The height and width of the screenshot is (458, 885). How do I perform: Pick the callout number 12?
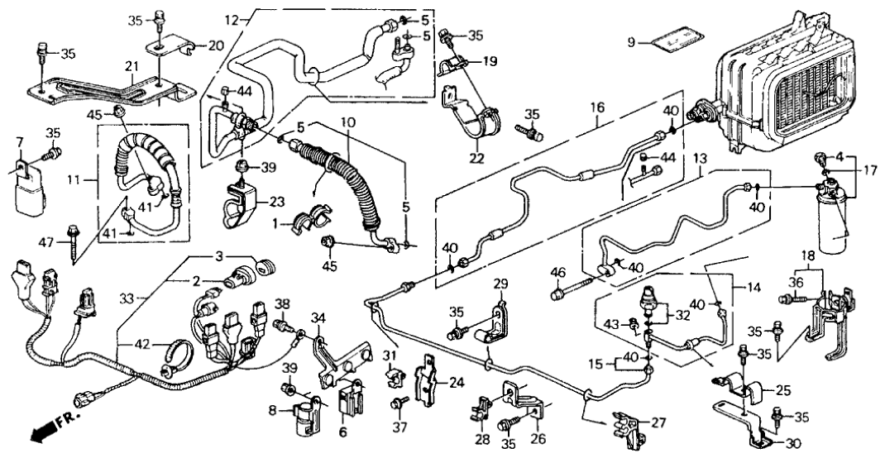click(230, 18)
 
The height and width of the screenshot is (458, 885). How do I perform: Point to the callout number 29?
click(500, 284)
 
